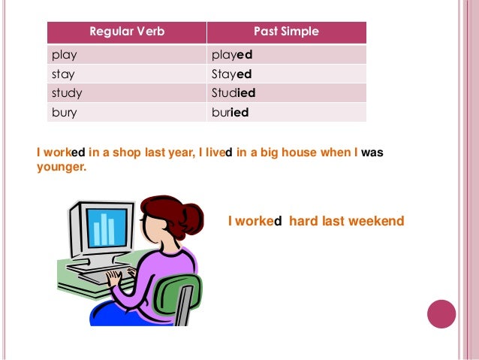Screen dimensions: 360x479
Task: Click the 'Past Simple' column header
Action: point(286,32)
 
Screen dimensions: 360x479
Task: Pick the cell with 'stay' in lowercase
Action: point(62,74)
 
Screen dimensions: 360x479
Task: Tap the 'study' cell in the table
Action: point(66,93)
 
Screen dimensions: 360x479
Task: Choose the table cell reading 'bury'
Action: point(64,113)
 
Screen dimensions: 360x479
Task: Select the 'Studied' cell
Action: point(234,93)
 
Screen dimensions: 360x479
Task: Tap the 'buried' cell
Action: point(230,113)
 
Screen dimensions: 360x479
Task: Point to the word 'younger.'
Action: point(62,168)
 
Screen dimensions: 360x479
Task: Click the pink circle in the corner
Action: point(441,313)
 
